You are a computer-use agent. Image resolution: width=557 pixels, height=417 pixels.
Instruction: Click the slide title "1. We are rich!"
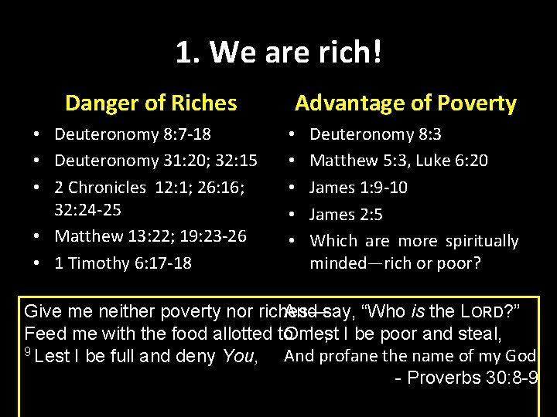coord(278,53)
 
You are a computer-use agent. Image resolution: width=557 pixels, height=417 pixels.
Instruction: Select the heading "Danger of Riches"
coord(151,103)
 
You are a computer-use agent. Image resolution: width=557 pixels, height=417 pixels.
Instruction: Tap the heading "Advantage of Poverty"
coord(405,103)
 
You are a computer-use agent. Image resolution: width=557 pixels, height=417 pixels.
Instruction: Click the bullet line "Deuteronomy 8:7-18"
coord(132,134)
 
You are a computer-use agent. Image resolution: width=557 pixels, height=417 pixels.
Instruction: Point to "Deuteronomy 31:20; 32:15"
coord(155,161)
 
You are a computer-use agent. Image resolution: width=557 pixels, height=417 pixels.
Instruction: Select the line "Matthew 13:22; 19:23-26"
coord(150,236)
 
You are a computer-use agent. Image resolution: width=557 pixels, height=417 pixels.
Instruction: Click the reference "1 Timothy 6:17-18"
coord(122,263)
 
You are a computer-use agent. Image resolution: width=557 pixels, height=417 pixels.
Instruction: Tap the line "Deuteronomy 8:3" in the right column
coord(375,134)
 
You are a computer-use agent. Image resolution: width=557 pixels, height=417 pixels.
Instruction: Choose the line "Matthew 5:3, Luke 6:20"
coord(398,161)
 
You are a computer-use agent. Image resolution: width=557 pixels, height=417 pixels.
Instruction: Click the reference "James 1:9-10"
coord(358,187)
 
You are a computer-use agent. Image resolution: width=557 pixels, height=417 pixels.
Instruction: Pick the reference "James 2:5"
coord(346,214)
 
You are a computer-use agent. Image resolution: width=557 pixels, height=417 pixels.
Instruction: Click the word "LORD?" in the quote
coord(496,312)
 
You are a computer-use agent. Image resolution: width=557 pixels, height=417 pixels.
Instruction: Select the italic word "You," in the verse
coord(244,357)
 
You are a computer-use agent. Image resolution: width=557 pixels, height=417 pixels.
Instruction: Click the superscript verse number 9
coord(29,352)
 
